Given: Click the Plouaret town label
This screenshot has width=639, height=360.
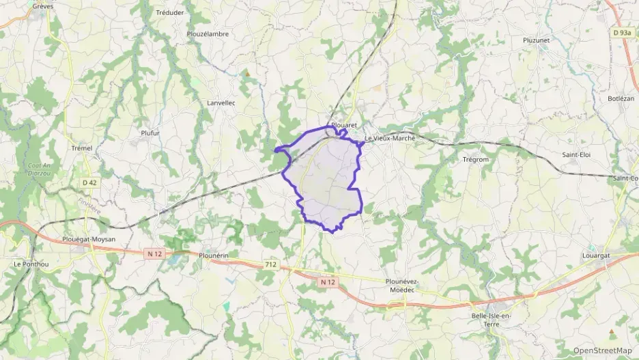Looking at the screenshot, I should click(x=344, y=126).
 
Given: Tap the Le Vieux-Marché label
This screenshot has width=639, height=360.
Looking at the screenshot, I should click(x=390, y=138).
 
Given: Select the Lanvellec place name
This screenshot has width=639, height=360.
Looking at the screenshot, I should click(x=221, y=102).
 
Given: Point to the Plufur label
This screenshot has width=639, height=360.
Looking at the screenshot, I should click(x=150, y=133).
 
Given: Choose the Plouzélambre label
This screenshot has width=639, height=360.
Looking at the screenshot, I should click(x=208, y=33).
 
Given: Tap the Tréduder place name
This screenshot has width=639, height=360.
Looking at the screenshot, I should click(x=169, y=12).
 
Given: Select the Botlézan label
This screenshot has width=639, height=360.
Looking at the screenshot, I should click(x=621, y=98).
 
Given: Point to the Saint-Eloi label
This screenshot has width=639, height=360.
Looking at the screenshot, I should click(x=576, y=154).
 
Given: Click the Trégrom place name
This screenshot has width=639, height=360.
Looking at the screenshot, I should click(x=475, y=159).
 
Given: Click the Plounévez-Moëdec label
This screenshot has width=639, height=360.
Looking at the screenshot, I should click(x=401, y=285).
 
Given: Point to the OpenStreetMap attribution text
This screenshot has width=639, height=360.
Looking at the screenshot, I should click(x=602, y=350).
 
